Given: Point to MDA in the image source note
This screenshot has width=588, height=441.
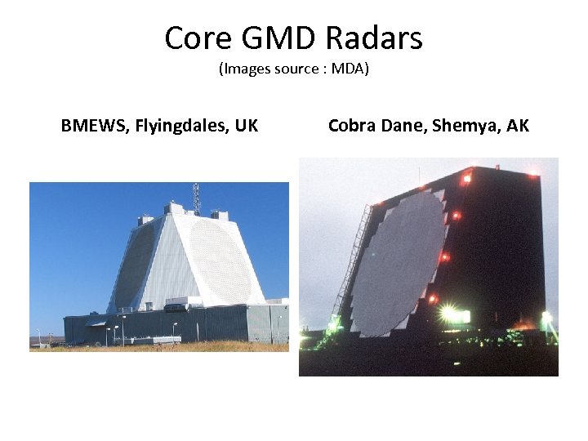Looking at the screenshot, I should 350,69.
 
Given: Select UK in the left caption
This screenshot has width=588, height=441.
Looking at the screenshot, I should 246,126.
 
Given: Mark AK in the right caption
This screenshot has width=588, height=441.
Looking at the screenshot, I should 518,126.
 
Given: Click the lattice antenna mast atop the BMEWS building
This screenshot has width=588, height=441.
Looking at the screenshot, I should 196,196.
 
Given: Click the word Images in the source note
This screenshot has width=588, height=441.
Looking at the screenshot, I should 246,69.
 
